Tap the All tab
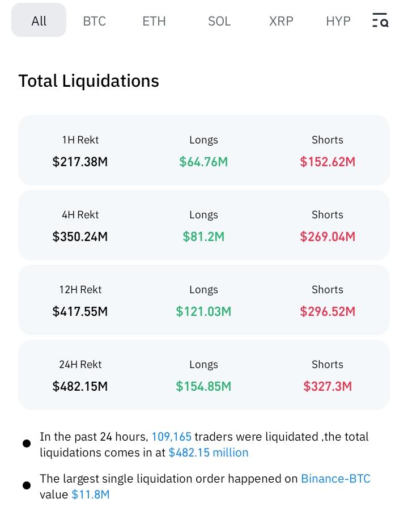coord(39,21)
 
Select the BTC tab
coord(94,21)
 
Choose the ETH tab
coord(154,21)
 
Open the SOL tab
coord(219,21)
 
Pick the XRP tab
coord(281,21)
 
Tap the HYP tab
coord(338,21)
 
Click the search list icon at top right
coord(380,21)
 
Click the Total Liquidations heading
coord(88,81)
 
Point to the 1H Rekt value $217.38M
coord(80,162)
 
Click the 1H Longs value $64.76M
coord(203,162)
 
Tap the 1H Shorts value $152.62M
coord(328,162)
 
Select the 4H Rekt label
coord(80,215)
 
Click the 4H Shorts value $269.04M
coord(328,236)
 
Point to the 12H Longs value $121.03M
coord(203,311)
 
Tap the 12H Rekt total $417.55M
coord(80,311)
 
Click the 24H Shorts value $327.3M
coord(328,386)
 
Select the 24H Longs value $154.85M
coord(203,386)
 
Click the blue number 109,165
coord(171,437)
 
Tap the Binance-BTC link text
coord(335,479)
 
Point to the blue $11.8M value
coord(91,495)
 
